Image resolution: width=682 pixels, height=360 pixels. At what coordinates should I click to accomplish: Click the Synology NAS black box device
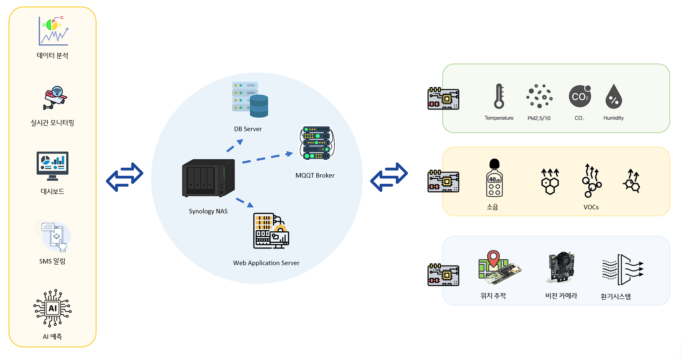[208, 178]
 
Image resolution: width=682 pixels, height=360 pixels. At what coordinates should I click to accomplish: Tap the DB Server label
[248, 129]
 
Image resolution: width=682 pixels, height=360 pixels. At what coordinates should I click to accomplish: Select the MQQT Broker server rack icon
[317, 143]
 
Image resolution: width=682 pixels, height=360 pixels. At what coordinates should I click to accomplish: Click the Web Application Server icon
[271, 230]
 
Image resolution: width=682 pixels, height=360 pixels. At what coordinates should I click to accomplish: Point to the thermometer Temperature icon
[499, 97]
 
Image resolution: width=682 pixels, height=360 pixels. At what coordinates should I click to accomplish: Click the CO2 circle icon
[580, 97]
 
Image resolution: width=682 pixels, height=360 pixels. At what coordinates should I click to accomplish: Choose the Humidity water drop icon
[614, 97]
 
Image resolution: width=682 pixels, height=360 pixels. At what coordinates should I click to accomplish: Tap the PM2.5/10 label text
[539, 118]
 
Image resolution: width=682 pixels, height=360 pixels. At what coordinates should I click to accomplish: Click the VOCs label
[591, 207]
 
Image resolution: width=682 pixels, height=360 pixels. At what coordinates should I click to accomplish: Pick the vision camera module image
[561, 267]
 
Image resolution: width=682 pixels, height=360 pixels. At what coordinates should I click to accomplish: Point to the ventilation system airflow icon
[623, 269]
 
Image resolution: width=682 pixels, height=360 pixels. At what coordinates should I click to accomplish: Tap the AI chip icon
[53, 308]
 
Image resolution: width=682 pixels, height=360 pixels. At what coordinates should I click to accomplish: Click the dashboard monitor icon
[53, 166]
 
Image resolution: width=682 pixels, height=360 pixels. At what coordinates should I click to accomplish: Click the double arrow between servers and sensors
[389, 177]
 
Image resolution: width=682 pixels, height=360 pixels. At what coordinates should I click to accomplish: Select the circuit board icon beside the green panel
[443, 99]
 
